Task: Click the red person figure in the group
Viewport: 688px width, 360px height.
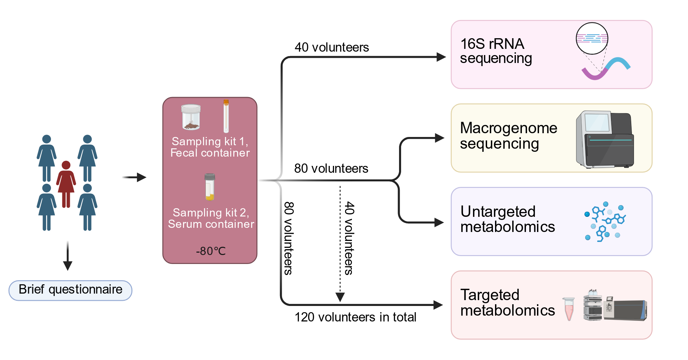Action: pyautogui.click(x=66, y=184)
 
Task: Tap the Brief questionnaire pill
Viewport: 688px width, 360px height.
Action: pyautogui.click(x=70, y=290)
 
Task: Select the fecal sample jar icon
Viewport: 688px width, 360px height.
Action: pyautogui.click(x=191, y=117)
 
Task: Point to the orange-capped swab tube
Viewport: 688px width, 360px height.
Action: pyautogui.click(x=226, y=116)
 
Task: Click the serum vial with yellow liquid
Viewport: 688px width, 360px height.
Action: pyautogui.click(x=210, y=187)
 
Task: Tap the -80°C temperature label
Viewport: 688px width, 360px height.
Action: pyautogui.click(x=211, y=251)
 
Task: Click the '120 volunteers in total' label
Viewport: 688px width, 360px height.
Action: pyautogui.click(x=355, y=317)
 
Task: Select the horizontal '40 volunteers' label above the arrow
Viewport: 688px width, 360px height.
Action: pyautogui.click(x=332, y=47)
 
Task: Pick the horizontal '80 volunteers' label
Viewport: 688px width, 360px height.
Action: pyautogui.click(x=331, y=168)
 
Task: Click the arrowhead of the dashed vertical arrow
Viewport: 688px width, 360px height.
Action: pyautogui.click(x=340, y=297)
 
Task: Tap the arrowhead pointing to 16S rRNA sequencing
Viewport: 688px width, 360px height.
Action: pyautogui.click(x=441, y=57)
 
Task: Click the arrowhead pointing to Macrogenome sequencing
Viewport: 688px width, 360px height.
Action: pyautogui.click(x=440, y=138)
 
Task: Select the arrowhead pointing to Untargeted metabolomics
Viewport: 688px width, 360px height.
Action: pyautogui.click(x=439, y=223)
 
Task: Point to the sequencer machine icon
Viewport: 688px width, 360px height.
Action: pyautogui.click(x=605, y=139)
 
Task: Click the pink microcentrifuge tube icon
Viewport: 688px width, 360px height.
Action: pyautogui.click(x=569, y=309)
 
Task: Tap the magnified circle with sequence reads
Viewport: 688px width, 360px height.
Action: pyautogui.click(x=592, y=39)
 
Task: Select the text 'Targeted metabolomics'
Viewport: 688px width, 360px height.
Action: pyautogui.click(x=507, y=303)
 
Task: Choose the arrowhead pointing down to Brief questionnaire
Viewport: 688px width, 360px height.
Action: pyautogui.click(x=68, y=266)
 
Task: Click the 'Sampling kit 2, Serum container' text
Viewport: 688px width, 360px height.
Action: pyautogui.click(x=211, y=218)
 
